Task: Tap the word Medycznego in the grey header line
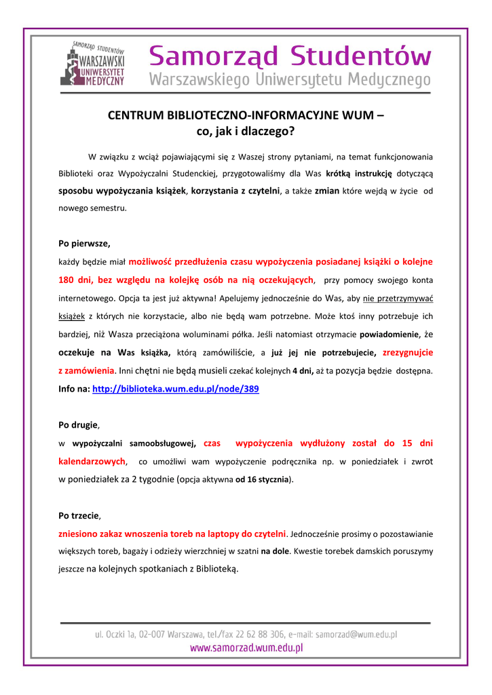tap(389, 81)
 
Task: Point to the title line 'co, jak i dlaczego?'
tap(246, 131)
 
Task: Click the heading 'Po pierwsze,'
tap(84, 243)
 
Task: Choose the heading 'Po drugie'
tap(78, 425)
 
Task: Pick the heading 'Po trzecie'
tap(79, 515)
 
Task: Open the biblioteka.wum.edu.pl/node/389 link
tap(175, 390)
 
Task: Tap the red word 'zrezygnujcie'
tap(408, 353)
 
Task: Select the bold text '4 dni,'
tap(303, 371)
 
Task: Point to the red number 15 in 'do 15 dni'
tap(406, 443)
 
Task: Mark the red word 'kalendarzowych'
tap(92, 462)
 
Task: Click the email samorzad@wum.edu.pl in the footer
tap(356, 634)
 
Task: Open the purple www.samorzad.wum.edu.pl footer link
tap(246, 648)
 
